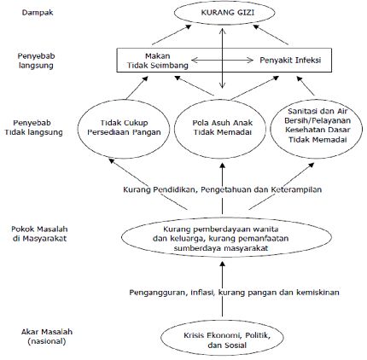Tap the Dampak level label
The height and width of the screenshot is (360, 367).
pos(38,13)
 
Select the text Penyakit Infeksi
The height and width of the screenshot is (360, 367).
pos(290,61)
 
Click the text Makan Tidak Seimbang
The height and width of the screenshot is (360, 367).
pos(158,61)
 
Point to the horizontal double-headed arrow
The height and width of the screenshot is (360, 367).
pos(222,60)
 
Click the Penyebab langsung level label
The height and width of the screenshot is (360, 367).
pos(36,61)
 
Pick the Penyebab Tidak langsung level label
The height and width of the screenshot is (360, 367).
pos(33,128)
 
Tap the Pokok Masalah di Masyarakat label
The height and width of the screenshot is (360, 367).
pos(39,234)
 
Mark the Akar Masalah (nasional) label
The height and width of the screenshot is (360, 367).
pos(47,336)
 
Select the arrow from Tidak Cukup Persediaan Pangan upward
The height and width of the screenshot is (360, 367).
pos(137,88)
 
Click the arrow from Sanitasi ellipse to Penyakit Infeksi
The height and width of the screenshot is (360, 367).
pos(306,85)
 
